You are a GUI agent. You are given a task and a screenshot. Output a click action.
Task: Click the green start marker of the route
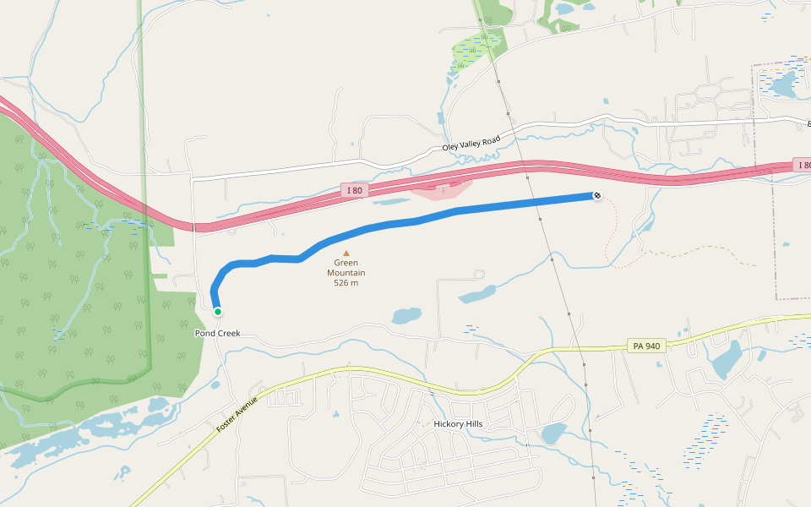(217, 312)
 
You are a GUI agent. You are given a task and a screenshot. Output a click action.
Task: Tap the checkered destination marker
(597, 196)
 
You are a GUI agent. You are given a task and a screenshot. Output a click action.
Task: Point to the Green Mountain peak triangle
(346, 253)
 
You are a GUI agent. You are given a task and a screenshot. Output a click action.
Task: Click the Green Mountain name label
(346, 268)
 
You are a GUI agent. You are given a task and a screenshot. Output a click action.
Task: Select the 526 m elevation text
(346, 282)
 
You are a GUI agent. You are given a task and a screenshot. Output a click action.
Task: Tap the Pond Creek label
(217, 333)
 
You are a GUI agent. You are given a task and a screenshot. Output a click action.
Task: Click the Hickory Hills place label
(461, 424)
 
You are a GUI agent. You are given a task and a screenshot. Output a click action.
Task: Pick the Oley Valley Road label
(471, 143)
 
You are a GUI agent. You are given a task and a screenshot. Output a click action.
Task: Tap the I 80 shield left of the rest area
(354, 190)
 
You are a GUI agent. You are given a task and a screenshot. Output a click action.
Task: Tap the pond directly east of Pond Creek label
(406, 316)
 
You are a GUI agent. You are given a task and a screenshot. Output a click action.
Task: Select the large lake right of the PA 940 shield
(726, 359)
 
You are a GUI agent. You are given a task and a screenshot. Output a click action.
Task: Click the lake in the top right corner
(782, 84)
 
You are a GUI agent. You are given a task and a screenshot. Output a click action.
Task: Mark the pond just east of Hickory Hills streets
(553, 433)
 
